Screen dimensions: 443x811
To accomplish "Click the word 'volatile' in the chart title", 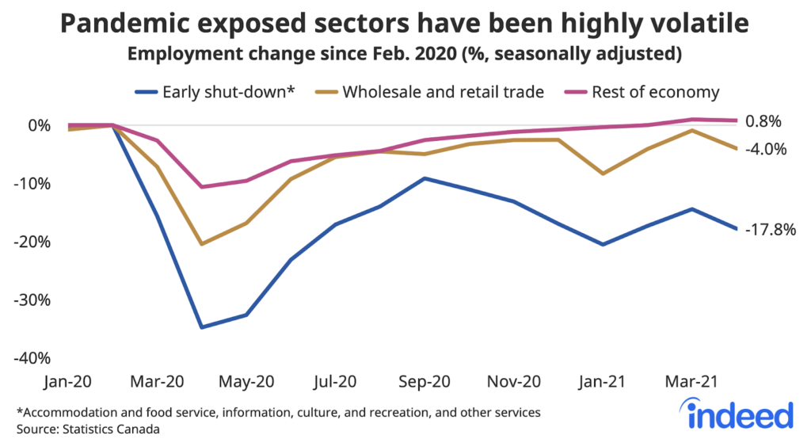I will [697, 25].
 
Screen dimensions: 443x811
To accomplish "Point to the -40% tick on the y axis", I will [32, 358].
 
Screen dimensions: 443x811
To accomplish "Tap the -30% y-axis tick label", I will [32, 300].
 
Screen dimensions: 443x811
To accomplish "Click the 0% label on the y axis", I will [39, 125].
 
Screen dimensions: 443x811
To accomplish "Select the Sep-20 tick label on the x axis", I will [425, 381].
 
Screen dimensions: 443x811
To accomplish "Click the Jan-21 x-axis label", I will [603, 381].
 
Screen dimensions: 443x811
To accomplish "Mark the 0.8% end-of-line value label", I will [763, 121].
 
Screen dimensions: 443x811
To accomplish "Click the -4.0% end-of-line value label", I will [764, 149].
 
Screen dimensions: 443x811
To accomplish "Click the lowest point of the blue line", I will [202, 327].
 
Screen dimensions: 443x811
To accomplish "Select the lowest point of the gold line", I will [202, 243].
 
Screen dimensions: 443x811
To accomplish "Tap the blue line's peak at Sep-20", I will [425, 178].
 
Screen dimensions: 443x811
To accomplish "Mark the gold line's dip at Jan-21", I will [603, 174].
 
